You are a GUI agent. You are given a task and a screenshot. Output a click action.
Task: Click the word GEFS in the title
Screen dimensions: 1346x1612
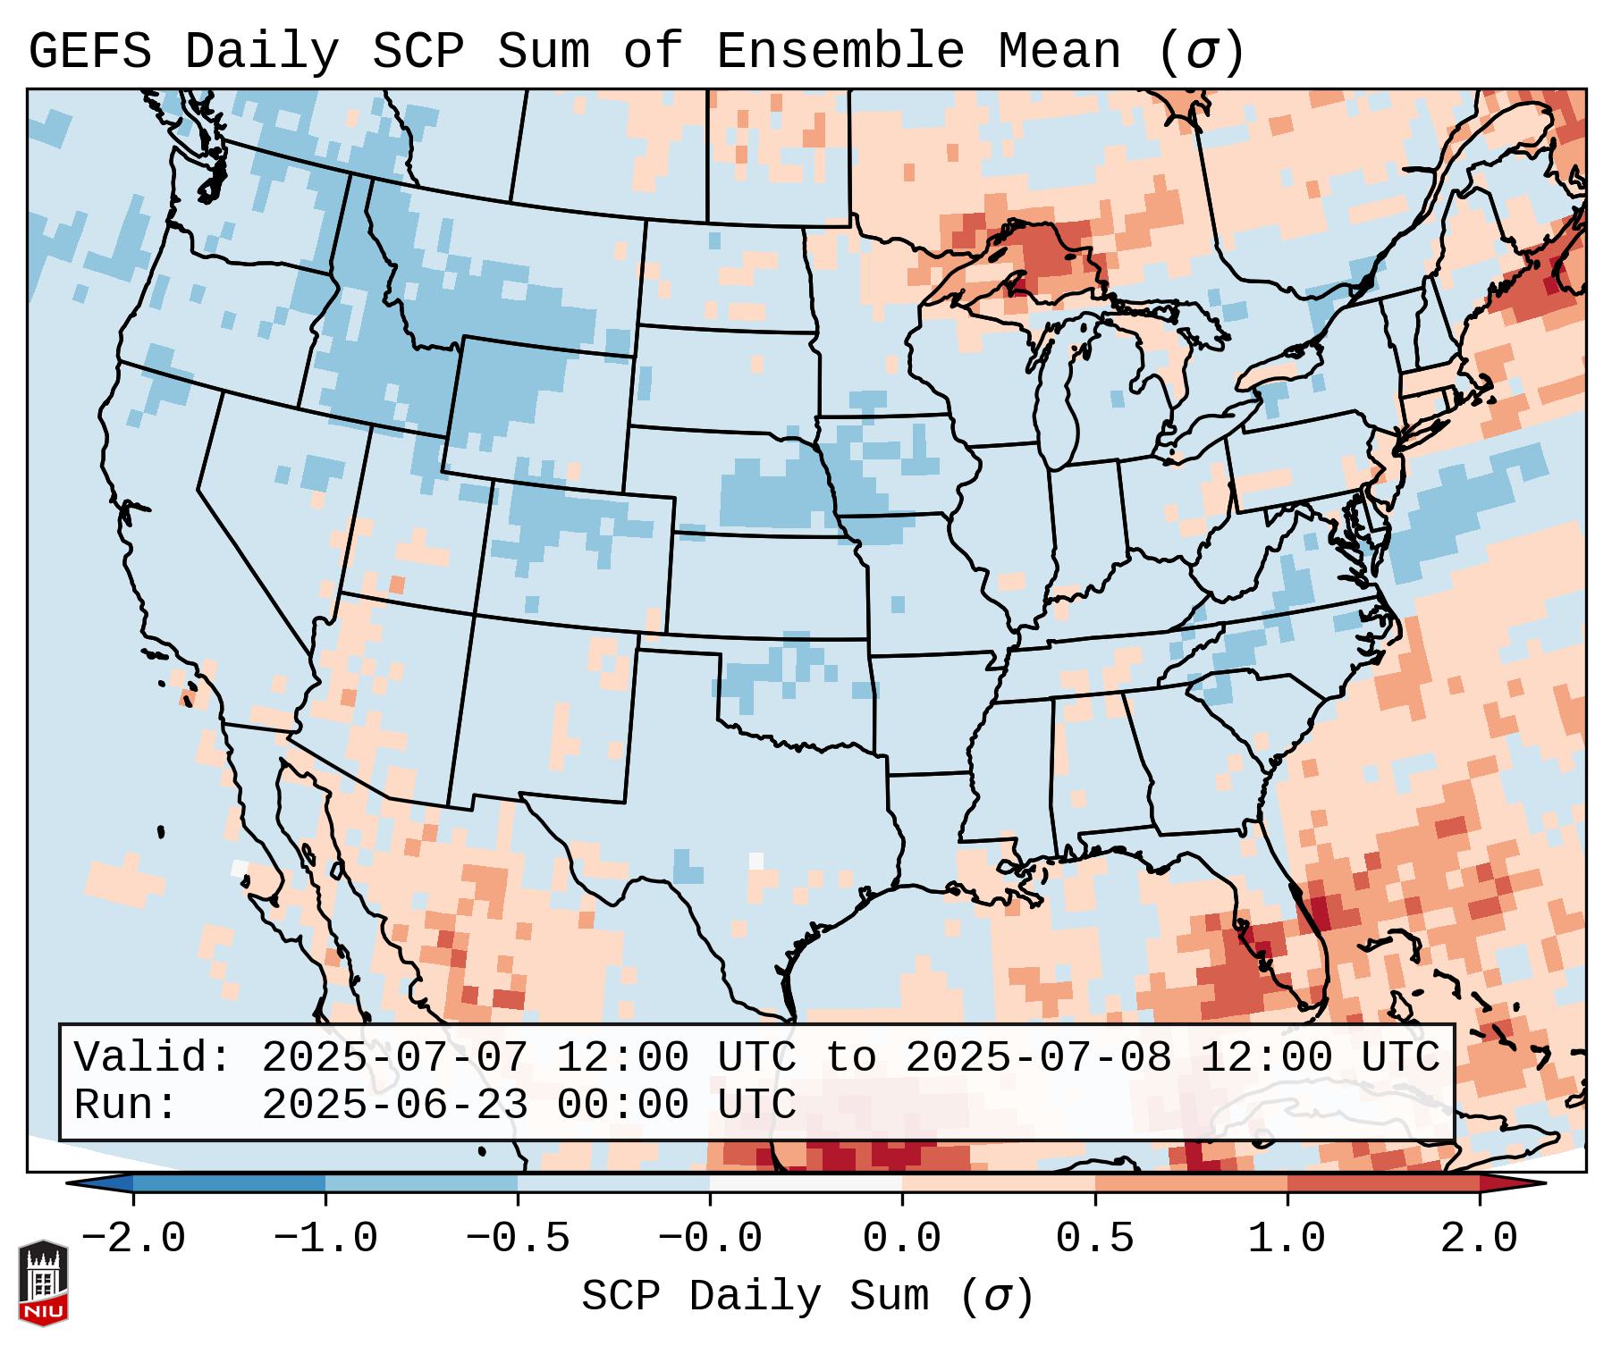click(89, 52)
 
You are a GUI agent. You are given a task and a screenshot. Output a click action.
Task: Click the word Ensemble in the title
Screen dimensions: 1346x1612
click(840, 52)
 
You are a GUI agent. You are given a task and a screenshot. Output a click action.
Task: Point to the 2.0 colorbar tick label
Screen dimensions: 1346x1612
click(1480, 1239)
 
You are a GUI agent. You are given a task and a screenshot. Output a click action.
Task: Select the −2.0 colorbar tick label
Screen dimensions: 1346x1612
click(133, 1239)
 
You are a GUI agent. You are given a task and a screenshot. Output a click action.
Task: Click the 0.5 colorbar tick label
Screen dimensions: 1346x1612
click(1094, 1239)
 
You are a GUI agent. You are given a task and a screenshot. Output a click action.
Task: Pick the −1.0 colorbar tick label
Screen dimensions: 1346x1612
click(325, 1239)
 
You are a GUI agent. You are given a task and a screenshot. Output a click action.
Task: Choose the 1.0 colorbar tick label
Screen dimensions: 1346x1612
click(1287, 1239)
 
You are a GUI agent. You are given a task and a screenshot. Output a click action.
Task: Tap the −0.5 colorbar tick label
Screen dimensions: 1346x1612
click(518, 1239)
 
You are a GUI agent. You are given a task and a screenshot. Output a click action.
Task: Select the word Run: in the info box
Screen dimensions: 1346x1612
click(126, 1105)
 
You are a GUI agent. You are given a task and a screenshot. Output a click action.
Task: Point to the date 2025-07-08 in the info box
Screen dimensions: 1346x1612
click(1038, 1057)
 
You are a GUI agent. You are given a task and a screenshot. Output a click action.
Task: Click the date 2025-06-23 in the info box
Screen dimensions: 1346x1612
click(394, 1105)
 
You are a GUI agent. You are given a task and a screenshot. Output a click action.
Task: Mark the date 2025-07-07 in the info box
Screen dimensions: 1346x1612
click(394, 1057)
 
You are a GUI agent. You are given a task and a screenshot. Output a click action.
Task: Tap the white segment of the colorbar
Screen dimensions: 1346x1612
click(806, 1183)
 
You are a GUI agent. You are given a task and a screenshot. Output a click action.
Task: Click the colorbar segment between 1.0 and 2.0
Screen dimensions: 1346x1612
click(1383, 1183)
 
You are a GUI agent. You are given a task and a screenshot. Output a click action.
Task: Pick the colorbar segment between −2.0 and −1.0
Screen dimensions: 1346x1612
click(229, 1183)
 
